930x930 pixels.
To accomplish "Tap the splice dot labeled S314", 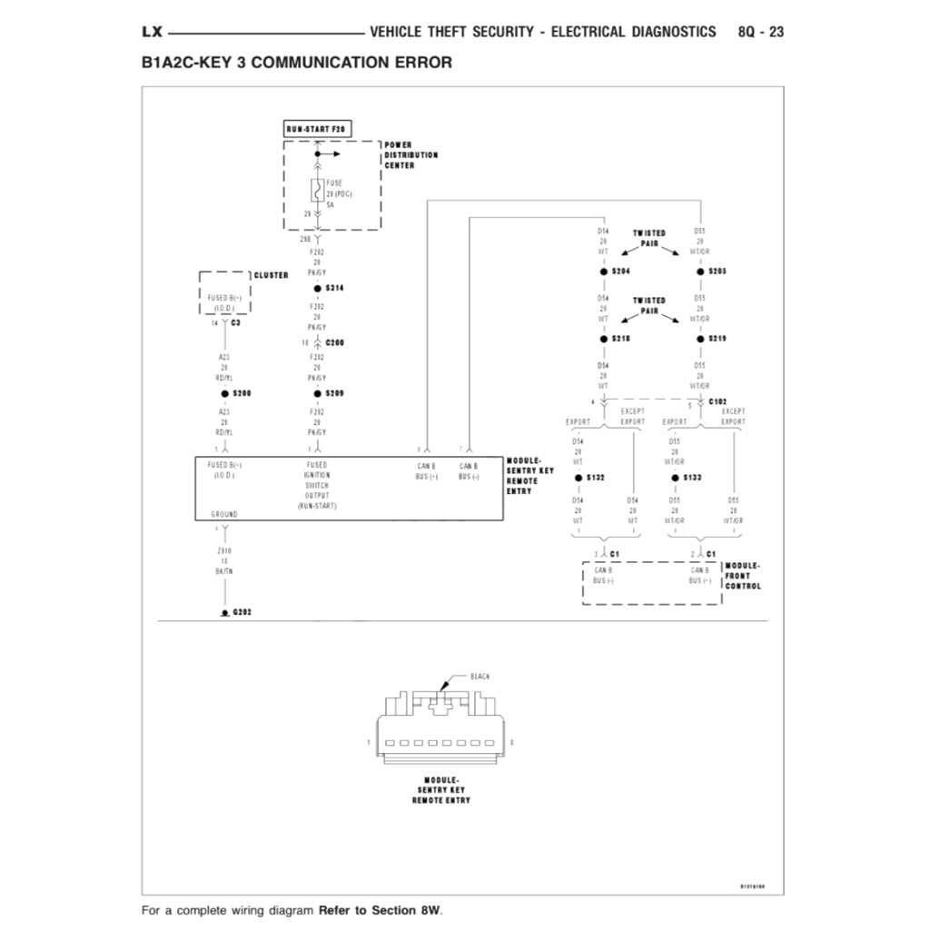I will (x=317, y=288).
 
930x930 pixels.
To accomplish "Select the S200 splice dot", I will (x=224, y=393).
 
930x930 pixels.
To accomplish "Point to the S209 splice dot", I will (x=317, y=393).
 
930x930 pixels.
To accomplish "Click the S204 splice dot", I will (x=603, y=272).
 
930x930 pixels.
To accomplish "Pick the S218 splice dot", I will (x=603, y=339).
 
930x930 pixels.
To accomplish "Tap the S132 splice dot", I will (x=579, y=478).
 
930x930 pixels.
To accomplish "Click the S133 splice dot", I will (x=675, y=478).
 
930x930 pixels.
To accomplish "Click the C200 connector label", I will (x=334, y=342).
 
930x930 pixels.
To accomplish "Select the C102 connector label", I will (x=717, y=401).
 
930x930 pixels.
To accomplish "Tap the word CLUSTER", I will (x=271, y=275).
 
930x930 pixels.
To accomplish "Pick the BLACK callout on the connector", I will (x=480, y=677).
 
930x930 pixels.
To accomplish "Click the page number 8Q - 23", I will (x=761, y=32).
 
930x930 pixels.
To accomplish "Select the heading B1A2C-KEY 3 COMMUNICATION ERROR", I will (x=296, y=64).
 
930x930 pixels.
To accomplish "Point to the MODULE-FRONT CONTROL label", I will (x=743, y=576).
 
